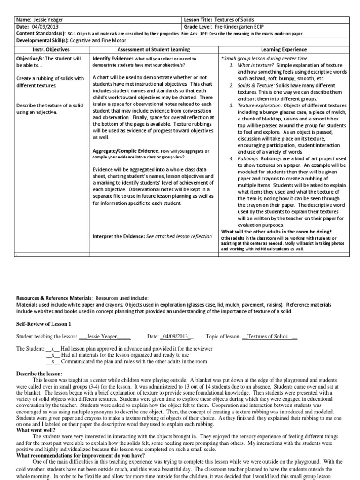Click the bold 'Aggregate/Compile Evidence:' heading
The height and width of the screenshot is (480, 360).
click(127, 151)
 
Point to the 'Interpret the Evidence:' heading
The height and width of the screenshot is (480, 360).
click(119, 236)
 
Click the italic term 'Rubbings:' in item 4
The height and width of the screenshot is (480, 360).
click(248, 159)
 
